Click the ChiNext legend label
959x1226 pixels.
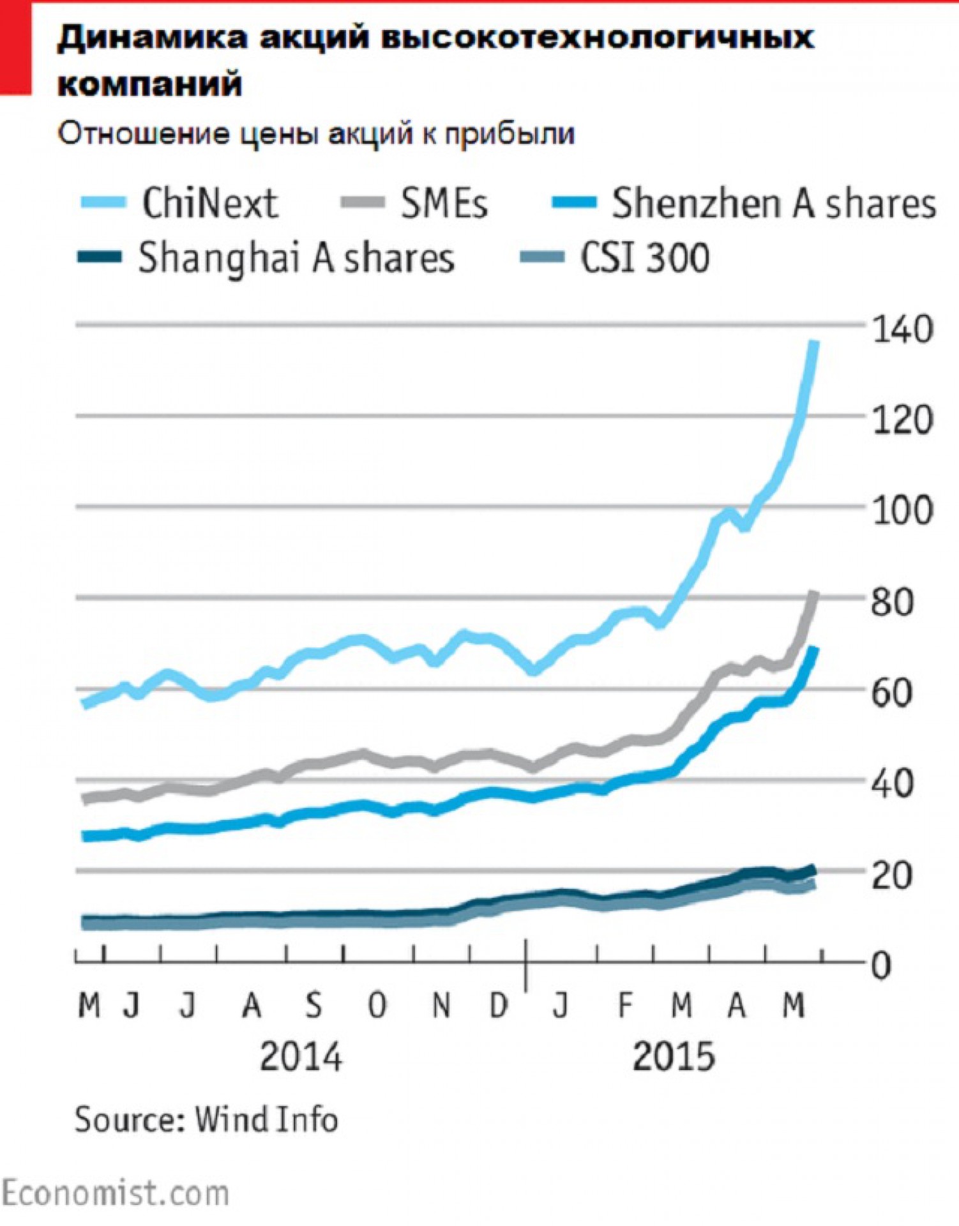tap(209, 204)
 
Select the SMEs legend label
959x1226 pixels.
tap(444, 204)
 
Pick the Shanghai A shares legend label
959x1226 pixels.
tap(296, 259)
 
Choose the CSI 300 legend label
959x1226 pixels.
tap(645, 259)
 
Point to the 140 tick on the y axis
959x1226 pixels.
tap(902, 330)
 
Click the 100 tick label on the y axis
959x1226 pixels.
tap(902, 511)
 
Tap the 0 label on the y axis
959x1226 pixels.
tap(882, 966)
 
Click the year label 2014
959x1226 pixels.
tap(301, 1057)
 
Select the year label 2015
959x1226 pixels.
tap(674, 1057)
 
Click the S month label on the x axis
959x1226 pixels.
tap(313, 1006)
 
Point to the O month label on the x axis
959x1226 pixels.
tap(377, 1006)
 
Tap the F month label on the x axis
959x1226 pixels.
tap(625, 1006)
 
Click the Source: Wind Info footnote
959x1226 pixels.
tap(206, 1120)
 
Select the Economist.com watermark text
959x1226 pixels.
tap(115, 1193)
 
